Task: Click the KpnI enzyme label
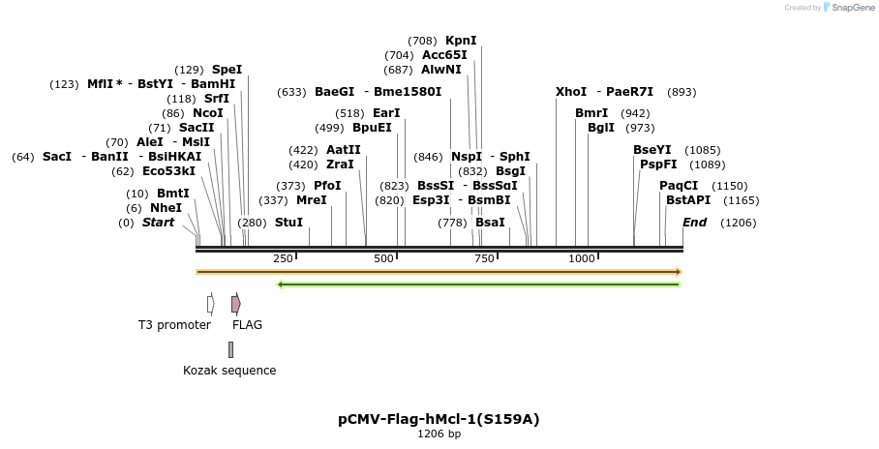point(461,41)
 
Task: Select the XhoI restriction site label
point(570,92)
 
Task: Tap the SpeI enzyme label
point(227,70)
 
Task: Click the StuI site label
point(288,223)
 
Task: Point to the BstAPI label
point(687,200)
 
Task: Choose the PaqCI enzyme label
point(679,186)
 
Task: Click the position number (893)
point(682,92)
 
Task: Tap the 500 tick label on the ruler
point(384,259)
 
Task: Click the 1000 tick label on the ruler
point(582,259)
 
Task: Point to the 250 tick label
point(283,259)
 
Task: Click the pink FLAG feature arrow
point(236,304)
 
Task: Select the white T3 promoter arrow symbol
point(210,304)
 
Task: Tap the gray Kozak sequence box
point(230,349)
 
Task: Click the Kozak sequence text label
point(229,371)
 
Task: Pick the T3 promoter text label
point(174,325)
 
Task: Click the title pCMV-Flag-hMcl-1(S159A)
point(439,419)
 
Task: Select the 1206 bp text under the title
point(439,434)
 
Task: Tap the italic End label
point(694,223)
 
